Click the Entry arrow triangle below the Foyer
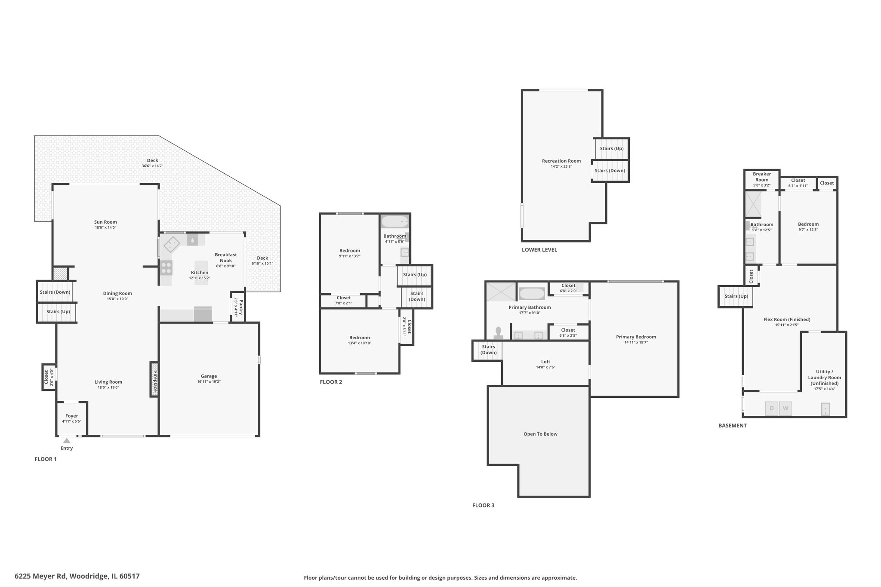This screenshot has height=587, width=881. tap(67, 440)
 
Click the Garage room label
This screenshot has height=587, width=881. tap(209, 376)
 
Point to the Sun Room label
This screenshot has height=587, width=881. tap(105, 222)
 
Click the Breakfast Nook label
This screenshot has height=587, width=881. tap(226, 258)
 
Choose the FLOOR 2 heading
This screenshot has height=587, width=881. tap(331, 382)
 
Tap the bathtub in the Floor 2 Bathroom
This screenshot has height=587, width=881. tap(395, 222)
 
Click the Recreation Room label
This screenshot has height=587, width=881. tap(561, 161)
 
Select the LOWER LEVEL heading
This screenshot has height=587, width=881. tap(539, 250)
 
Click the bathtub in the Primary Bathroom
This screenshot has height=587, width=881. tap(532, 294)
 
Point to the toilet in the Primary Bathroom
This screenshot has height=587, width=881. tap(499, 333)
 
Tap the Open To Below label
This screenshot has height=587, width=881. tap(540, 434)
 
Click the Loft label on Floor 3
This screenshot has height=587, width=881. tap(545, 362)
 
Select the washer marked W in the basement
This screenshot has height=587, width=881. tap(786, 409)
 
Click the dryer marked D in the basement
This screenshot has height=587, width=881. tap(772, 409)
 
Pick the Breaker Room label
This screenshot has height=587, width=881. tap(762, 177)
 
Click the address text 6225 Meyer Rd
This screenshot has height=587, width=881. tap(40, 576)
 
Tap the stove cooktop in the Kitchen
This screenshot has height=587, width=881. tap(166, 267)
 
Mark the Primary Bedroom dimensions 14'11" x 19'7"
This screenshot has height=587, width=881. tap(636, 342)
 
